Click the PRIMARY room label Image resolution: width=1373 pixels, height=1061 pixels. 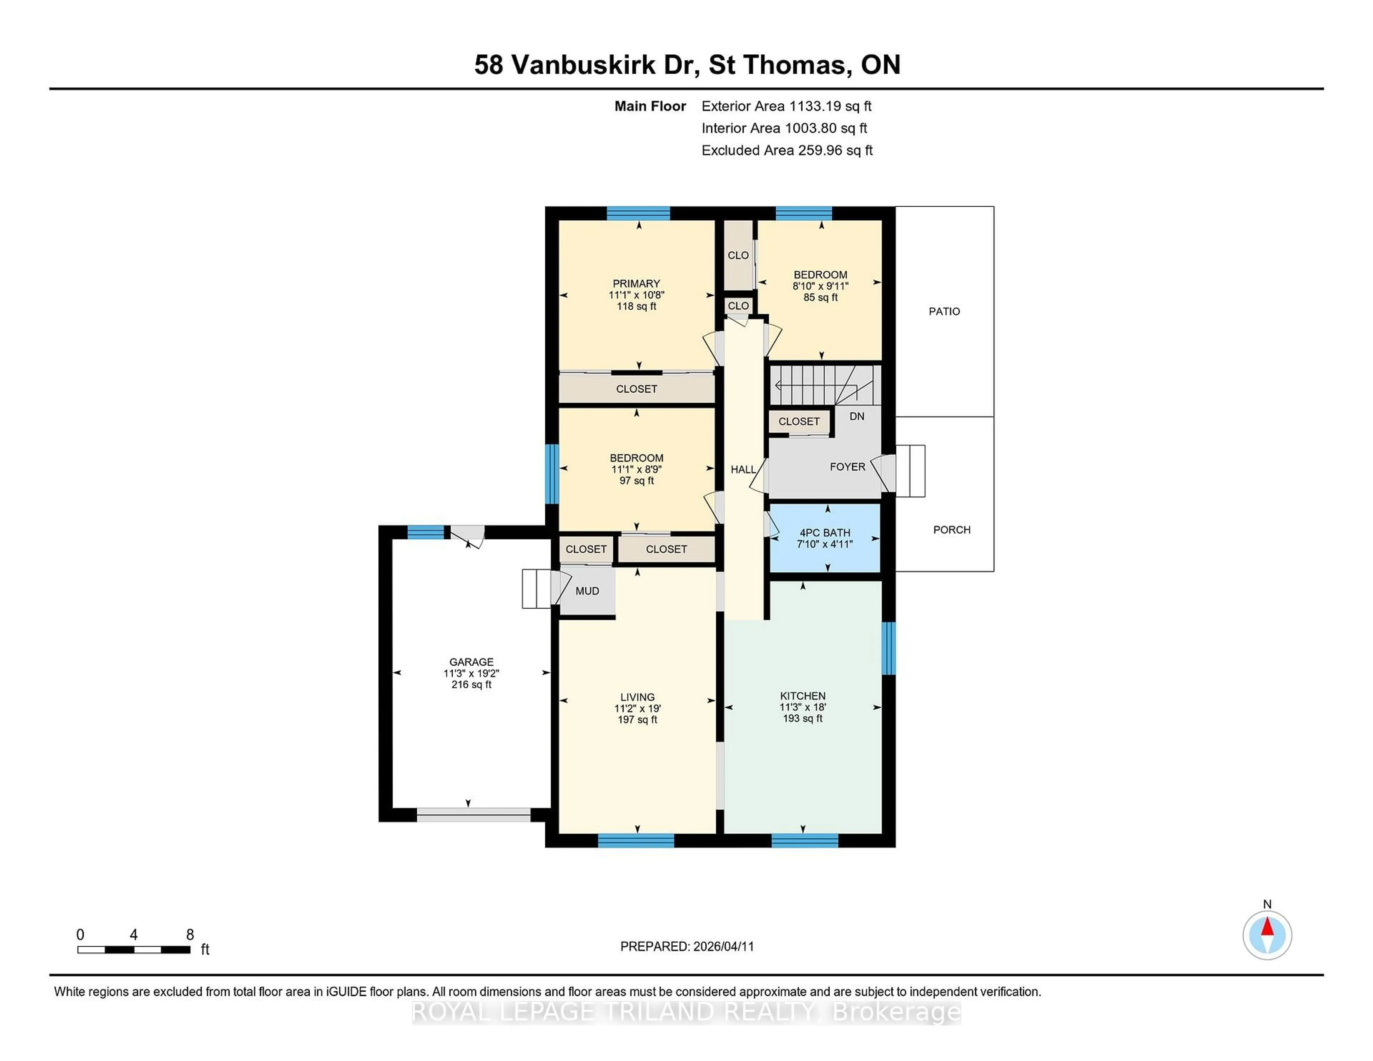pyautogui.click(x=636, y=283)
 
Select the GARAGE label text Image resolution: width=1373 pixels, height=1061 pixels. pyautogui.click(x=471, y=662)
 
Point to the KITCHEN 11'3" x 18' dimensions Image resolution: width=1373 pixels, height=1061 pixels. pyautogui.click(x=802, y=707)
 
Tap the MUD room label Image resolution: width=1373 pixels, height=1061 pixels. pyautogui.click(x=586, y=591)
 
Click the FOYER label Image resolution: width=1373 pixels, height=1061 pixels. pyautogui.click(x=847, y=467)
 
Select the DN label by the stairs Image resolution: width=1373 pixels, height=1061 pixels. pyautogui.click(x=856, y=416)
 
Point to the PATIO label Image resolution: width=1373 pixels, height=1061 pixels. pyautogui.click(x=944, y=311)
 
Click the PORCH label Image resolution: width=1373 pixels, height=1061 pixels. pyautogui.click(x=951, y=530)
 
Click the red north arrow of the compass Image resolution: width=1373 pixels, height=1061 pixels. pyautogui.click(x=1267, y=927)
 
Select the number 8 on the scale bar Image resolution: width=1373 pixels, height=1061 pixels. pyautogui.click(x=190, y=935)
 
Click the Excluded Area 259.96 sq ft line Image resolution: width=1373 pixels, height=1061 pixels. pyautogui.click(x=787, y=150)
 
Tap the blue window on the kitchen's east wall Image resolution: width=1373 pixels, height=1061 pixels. pyautogui.click(x=888, y=648)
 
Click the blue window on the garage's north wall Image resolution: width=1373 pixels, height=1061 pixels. pyautogui.click(x=425, y=532)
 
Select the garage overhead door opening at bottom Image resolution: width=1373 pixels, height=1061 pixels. pyautogui.click(x=473, y=815)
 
